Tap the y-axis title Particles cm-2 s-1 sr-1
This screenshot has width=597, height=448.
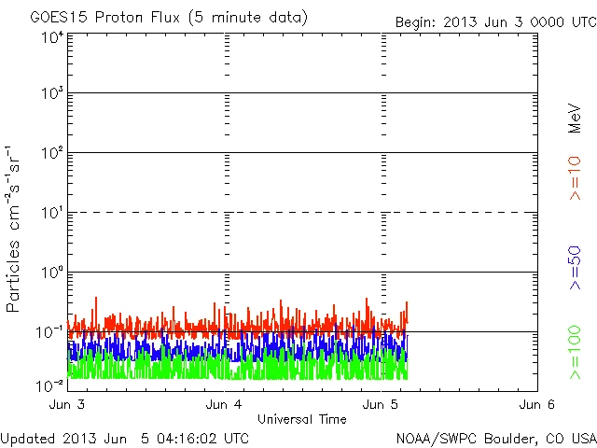(x=16, y=229)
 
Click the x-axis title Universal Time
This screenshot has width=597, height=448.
(x=301, y=419)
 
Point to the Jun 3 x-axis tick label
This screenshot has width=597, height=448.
(x=66, y=405)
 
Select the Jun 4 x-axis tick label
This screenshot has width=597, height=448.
(x=224, y=405)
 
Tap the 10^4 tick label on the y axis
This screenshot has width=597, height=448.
(x=51, y=37)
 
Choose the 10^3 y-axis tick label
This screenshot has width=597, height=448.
(x=51, y=94)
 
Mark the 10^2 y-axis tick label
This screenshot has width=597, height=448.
(x=51, y=154)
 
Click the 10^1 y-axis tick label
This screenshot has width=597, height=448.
(x=51, y=214)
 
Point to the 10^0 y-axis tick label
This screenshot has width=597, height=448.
(x=51, y=273)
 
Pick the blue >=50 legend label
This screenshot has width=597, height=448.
(x=576, y=269)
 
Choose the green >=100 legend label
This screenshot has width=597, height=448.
(x=576, y=353)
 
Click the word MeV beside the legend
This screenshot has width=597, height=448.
(x=576, y=119)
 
